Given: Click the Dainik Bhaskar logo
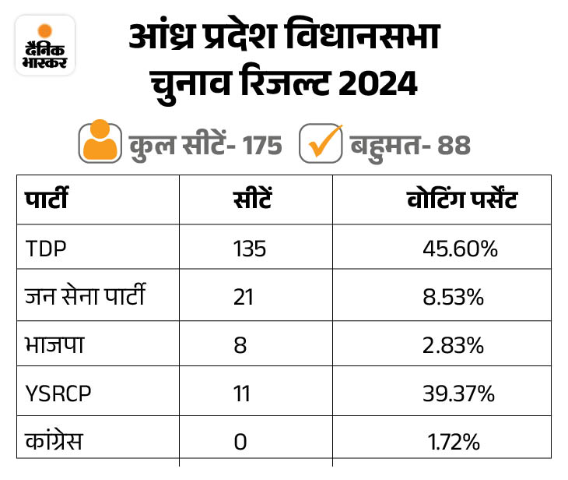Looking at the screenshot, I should point(45,45).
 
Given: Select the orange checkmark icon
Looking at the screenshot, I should point(321,143).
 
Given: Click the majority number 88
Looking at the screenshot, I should point(452,145).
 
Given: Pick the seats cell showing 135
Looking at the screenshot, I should point(250,249).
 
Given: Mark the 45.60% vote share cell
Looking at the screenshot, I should point(460,249).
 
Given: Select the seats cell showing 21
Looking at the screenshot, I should point(243,297).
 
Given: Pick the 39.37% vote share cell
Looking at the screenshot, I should point(460,394).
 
